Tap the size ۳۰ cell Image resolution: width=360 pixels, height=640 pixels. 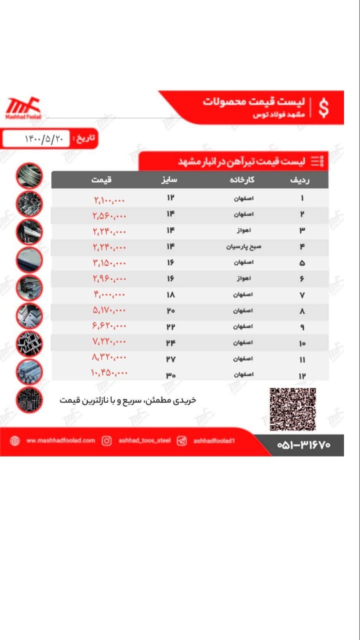(170, 375)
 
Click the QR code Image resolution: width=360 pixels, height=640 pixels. (293, 409)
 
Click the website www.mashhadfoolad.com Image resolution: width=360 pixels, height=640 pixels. (60, 441)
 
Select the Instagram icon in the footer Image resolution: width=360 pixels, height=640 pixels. (106, 441)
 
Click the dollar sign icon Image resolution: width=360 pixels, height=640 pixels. (324, 108)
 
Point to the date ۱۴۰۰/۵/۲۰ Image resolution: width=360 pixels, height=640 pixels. (44, 138)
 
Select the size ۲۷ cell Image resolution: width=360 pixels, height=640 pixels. (170, 359)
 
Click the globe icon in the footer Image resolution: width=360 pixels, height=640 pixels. (15, 441)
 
